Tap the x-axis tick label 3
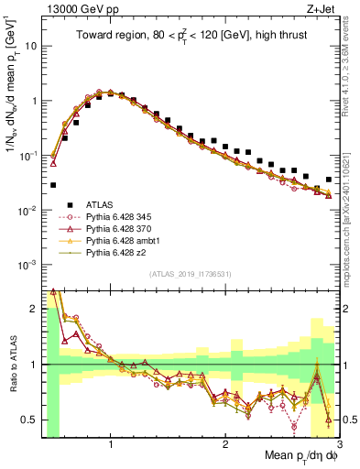point(339,447)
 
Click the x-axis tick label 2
point(224,447)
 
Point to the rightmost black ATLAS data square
point(329,180)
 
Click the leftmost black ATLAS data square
point(53,185)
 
